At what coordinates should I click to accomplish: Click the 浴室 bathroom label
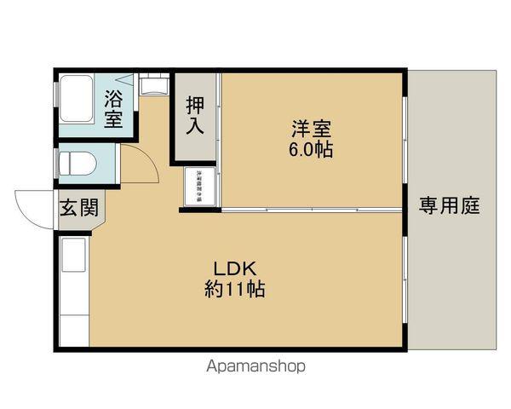113,108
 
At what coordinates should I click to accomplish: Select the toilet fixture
76,161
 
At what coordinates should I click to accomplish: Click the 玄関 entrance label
78,209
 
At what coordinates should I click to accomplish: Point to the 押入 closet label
195,116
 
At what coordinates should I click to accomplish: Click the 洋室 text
312,130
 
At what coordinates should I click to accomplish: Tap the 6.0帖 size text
312,150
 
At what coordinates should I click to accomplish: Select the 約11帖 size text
234,289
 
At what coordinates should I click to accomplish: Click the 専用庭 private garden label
451,206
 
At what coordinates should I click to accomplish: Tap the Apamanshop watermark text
255,366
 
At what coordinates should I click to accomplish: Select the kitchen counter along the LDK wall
73,290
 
